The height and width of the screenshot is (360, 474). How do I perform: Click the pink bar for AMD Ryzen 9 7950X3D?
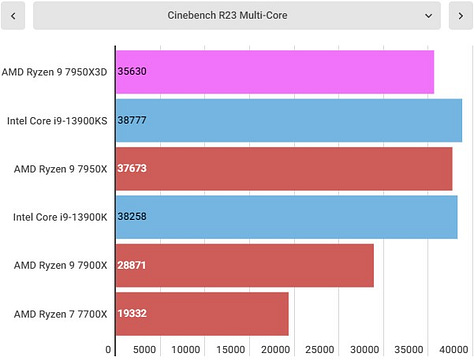point(275,72)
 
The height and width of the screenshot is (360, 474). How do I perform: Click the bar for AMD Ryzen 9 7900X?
point(245,265)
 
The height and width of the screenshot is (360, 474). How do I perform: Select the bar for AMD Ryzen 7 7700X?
point(202,314)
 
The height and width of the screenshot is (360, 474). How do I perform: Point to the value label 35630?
point(133,72)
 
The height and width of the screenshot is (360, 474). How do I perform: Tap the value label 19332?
point(133,314)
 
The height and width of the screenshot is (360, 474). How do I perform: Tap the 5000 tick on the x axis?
point(145,350)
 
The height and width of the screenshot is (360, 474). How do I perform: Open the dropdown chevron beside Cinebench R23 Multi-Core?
point(428,16)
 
